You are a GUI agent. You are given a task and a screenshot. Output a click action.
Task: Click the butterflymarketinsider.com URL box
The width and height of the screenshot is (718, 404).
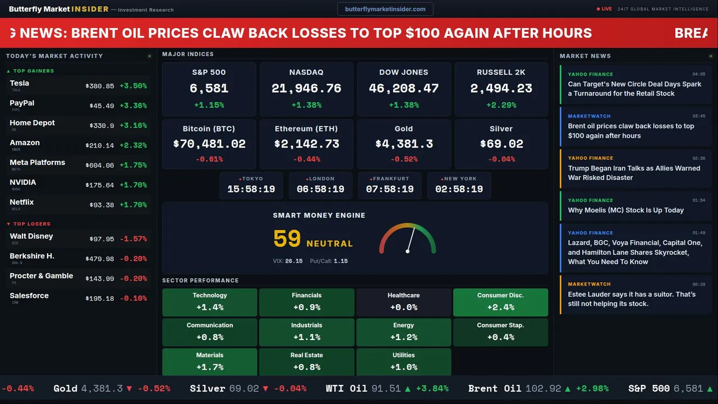pyautogui.click(x=385, y=9)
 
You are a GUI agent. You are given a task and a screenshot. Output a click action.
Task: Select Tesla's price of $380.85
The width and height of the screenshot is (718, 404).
pyautogui.click(x=100, y=86)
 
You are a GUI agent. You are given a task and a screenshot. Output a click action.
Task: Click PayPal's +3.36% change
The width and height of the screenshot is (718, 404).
pyautogui.click(x=133, y=106)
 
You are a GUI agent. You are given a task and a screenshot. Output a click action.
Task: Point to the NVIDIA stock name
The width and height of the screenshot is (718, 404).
pyautogui.click(x=23, y=182)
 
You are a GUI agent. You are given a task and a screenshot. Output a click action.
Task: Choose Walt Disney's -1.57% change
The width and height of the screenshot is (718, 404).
pyautogui.click(x=133, y=239)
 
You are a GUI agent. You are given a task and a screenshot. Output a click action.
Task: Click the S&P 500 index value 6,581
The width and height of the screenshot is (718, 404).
pyautogui.click(x=209, y=88)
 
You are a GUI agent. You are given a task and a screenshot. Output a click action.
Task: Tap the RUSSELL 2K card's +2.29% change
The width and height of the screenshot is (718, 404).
pyautogui.click(x=501, y=105)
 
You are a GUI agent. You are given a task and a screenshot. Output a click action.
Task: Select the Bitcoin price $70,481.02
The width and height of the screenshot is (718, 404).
pyautogui.click(x=209, y=144)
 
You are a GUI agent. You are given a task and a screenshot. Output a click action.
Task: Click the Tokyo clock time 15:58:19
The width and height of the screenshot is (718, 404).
pyautogui.click(x=251, y=189)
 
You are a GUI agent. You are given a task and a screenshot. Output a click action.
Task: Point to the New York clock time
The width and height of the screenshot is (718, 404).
pyautogui.click(x=459, y=189)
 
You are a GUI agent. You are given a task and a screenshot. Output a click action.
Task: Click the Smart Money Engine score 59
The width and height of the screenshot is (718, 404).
pyautogui.click(x=287, y=239)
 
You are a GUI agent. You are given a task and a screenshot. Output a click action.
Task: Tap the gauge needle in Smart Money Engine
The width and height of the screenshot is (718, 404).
pyautogui.click(x=411, y=239)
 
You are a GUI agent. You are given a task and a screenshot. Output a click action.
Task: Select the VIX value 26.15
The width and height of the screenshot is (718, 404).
pyautogui.click(x=294, y=261)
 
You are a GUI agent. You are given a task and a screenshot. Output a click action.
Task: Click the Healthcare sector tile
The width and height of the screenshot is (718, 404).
pyautogui.click(x=403, y=302)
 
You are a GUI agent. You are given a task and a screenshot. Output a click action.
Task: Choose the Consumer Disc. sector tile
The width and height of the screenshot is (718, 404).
pyautogui.click(x=500, y=302)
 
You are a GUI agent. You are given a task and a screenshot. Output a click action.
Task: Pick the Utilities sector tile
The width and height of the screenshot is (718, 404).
pyautogui.click(x=403, y=362)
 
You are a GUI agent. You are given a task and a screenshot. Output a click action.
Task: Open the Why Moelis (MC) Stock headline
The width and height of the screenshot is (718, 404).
pyautogui.click(x=625, y=210)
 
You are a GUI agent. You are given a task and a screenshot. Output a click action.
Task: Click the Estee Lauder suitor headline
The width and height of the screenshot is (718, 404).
pyautogui.click(x=632, y=299)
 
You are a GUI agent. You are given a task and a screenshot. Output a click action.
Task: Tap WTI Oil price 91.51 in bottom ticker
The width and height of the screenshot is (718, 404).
pyautogui.click(x=386, y=388)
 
